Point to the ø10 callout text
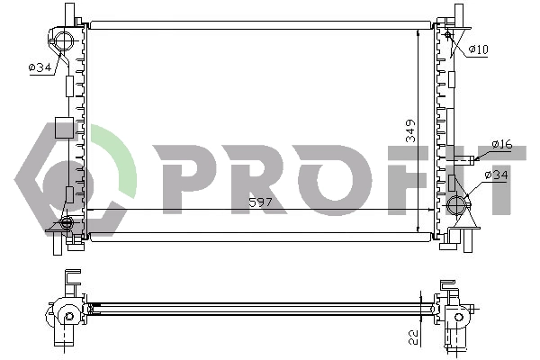(478, 49)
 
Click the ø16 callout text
(501, 144)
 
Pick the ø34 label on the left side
(40, 67)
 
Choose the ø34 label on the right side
(497, 175)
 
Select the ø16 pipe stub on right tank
(463, 161)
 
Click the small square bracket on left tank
(63, 127)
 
